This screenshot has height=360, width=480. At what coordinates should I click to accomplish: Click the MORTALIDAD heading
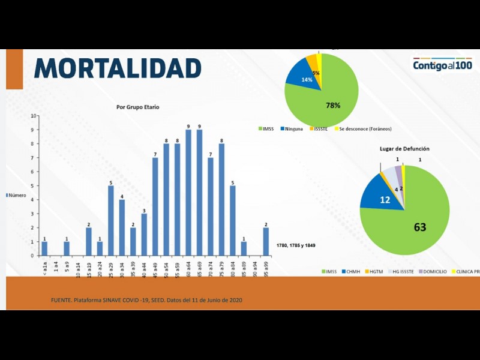[x=117, y=68]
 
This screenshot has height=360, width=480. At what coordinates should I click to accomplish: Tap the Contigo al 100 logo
[x=442, y=65]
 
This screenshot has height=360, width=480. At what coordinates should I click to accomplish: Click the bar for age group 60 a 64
[x=188, y=192]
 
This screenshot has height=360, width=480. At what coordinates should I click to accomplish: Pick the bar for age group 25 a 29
[x=111, y=220]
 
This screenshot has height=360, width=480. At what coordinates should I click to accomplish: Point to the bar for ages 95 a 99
[x=266, y=241]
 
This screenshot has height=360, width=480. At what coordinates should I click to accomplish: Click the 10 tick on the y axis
[x=34, y=115]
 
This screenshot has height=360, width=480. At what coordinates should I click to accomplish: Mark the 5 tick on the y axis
[x=34, y=185]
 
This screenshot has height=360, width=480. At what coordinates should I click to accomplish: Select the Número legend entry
[x=17, y=196]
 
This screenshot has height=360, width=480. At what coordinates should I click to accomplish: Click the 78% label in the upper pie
[x=333, y=105]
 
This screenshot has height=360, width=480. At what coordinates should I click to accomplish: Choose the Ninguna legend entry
[x=291, y=129]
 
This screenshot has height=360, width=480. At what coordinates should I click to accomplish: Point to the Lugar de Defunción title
[x=404, y=148]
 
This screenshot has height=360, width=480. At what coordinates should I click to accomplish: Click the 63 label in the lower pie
[x=420, y=227]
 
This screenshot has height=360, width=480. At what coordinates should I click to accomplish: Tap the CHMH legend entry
[x=352, y=272]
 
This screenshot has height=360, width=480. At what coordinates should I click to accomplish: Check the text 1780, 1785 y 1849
[x=296, y=245]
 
